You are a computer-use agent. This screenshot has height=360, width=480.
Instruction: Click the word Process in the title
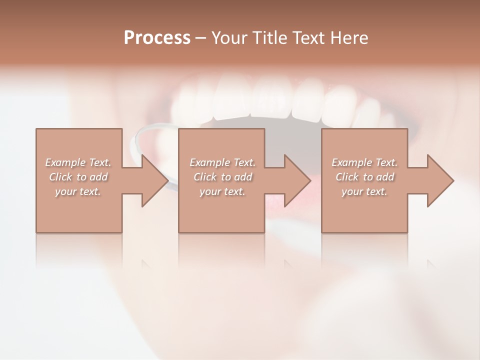point(157,38)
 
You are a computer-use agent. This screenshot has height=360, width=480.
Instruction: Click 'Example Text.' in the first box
point(78,162)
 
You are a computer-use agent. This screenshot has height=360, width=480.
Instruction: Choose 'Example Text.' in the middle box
point(222,162)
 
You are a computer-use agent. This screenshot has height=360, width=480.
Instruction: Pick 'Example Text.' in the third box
point(364,162)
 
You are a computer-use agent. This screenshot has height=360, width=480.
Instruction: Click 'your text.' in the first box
point(78,191)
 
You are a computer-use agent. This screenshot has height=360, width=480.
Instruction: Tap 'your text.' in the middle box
point(222,191)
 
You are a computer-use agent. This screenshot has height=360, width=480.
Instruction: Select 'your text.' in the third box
point(364,191)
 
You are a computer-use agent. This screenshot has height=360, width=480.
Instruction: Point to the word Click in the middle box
point(204,177)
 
